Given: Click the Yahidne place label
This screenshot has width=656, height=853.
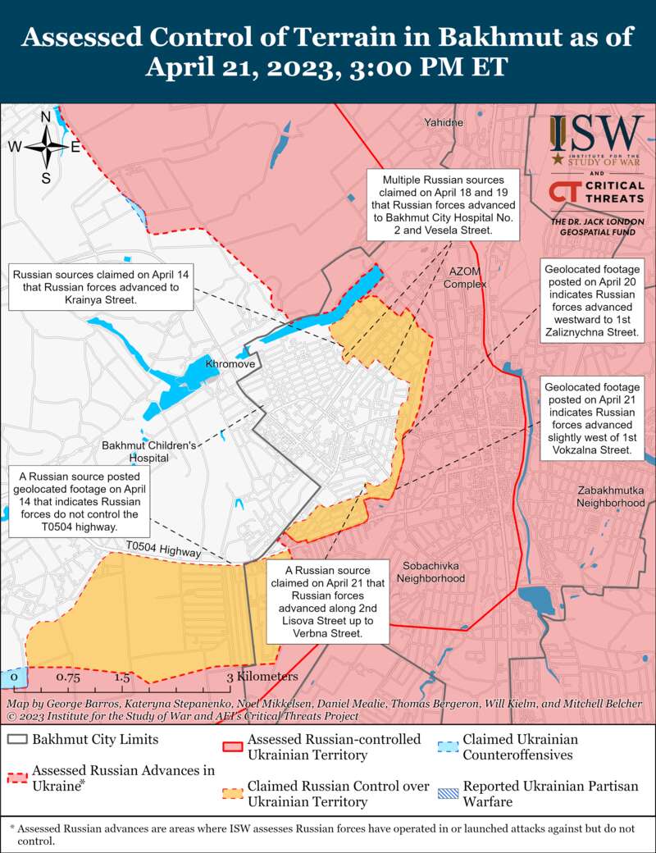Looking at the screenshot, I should tap(444, 122).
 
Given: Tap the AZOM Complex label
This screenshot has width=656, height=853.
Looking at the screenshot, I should tap(465, 277).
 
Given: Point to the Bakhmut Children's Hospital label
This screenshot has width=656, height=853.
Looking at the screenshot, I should tap(148, 451).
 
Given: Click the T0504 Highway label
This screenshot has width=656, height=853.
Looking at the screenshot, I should tap(163, 550).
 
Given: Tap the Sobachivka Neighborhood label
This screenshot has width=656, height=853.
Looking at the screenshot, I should tap(430, 572).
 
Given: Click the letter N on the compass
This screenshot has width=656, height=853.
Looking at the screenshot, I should tap(46, 116).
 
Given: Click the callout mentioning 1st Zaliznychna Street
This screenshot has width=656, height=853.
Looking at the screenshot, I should tap(591, 301).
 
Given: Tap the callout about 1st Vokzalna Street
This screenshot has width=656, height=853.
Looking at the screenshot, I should tap(591, 413).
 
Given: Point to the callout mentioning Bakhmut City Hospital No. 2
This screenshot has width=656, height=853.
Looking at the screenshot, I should tap(444, 205).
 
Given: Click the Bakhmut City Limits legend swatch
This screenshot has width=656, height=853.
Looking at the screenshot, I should tap(18, 739).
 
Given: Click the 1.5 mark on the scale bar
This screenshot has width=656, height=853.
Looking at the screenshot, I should tap(122, 677).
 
